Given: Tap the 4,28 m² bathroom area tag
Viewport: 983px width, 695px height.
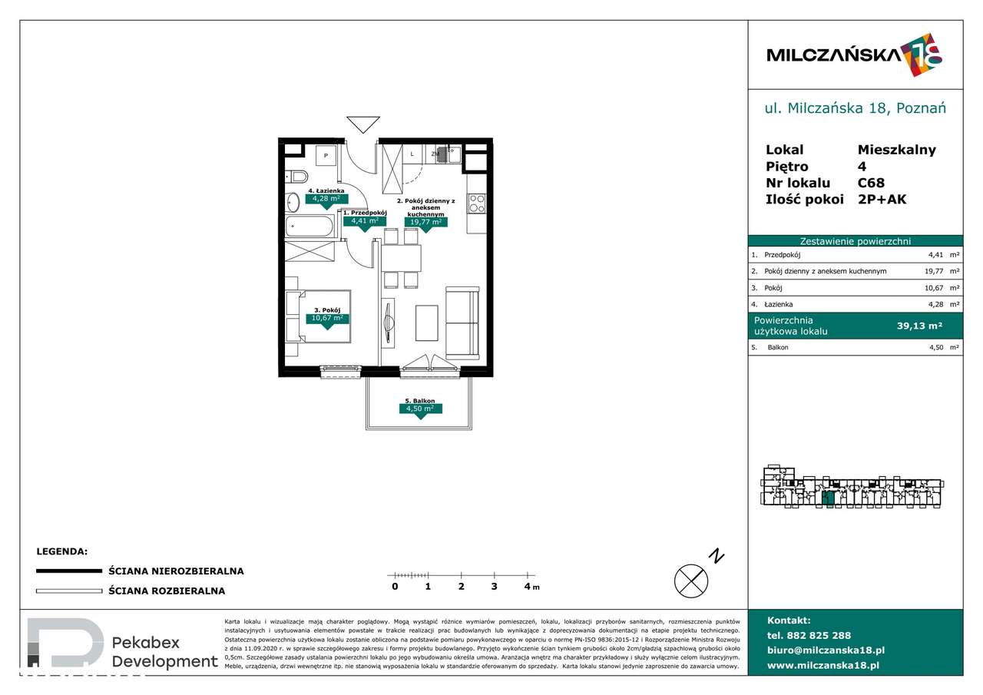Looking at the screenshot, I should click(x=326, y=199).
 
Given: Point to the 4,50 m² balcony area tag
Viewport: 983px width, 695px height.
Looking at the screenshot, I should click(x=419, y=409).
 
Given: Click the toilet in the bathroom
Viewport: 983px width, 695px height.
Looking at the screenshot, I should click(x=298, y=177).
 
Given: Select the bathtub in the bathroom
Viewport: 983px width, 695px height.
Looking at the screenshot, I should click(x=310, y=228).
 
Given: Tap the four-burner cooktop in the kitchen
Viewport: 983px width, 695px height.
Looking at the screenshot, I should click(x=477, y=203).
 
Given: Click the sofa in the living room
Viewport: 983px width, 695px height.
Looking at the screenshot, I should click(x=462, y=323).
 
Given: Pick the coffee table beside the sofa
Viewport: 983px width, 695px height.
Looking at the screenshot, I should click(x=427, y=323).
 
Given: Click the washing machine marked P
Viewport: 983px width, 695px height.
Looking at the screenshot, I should click(x=326, y=156).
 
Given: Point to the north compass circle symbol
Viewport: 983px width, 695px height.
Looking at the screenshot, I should click(x=690, y=580).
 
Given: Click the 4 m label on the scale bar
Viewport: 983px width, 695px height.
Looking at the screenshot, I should click(x=529, y=587).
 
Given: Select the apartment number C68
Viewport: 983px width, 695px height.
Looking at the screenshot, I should click(x=871, y=183).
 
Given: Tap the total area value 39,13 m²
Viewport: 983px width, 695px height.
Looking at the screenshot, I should click(x=919, y=326).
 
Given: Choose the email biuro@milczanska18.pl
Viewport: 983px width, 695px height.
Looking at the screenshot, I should click(x=826, y=650).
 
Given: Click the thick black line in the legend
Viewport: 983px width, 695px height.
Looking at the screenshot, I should click(x=69, y=571).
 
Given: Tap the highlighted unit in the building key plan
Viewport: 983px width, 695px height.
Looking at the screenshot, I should click(x=827, y=498).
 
